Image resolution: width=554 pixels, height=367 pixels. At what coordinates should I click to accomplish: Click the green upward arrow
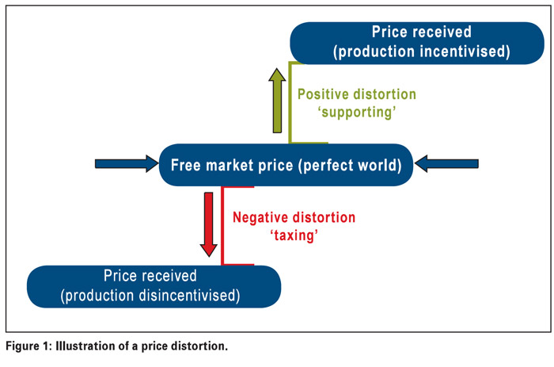click(277, 101)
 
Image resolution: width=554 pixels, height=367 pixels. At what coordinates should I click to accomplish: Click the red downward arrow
click(208, 224)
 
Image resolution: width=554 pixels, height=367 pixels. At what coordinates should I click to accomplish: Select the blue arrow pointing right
click(127, 164)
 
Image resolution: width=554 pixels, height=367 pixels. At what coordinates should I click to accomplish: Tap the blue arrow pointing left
click(446, 164)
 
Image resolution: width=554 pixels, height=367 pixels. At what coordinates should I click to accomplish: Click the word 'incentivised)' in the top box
click(465, 52)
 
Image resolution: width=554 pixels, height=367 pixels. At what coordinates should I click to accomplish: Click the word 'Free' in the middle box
click(186, 166)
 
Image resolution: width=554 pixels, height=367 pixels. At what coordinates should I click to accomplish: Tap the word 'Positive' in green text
click(323, 94)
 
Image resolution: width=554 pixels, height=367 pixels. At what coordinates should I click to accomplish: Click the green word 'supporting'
click(357, 113)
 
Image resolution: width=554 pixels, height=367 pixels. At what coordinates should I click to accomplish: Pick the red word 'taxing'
click(294, 235)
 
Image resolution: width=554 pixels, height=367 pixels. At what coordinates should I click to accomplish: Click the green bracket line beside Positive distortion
click(290, 102)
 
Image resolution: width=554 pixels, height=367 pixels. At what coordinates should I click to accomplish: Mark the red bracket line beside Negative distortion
click(222, 225)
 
